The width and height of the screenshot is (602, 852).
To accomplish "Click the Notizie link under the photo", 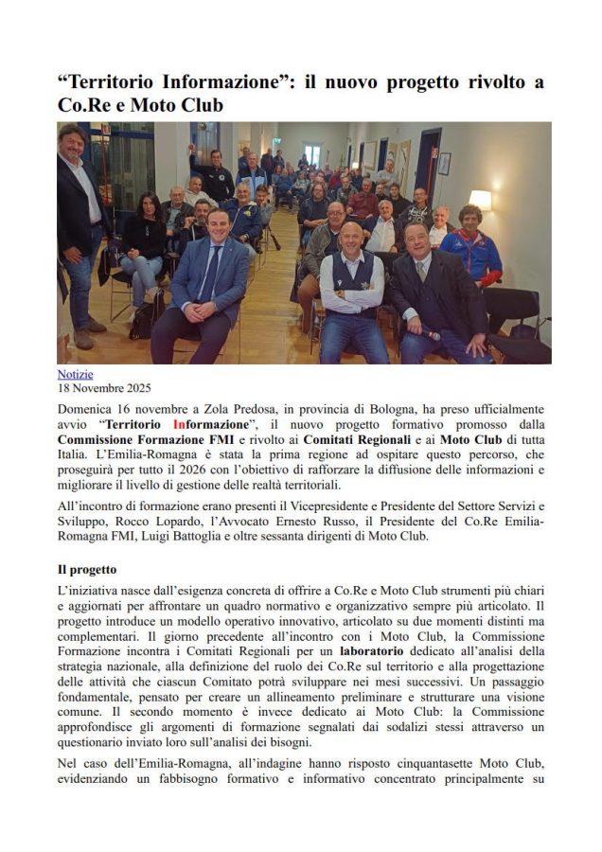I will (x=75, y=375).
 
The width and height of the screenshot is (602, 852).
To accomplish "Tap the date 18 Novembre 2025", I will (x=104, y=388).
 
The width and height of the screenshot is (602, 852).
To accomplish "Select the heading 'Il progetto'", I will (x=86, y=570).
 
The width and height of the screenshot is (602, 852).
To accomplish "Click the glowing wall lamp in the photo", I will (x=480, y=199).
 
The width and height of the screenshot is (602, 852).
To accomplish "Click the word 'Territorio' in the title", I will (x=120, y=82).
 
